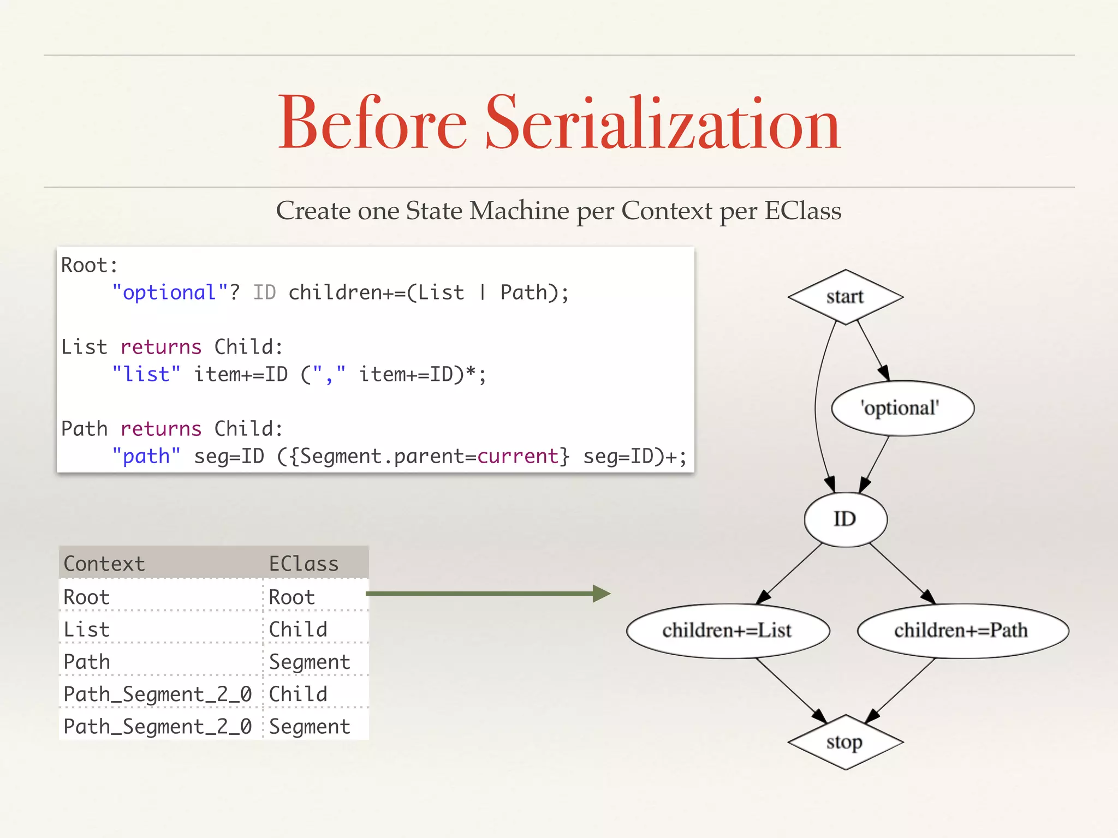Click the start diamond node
(845, 297)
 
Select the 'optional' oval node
(902, 408)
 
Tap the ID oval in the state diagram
(845, 519)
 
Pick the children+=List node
(727, 631)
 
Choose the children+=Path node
(962, 631)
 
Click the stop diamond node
(845, 742)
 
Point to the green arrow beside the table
(487, 594)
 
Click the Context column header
(105, 564)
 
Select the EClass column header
(304, 564)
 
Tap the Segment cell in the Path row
(310, 662)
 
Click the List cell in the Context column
(87, 630)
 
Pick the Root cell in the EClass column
(292, 597)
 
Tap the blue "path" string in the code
(146, 456)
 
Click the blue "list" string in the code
(146, 374)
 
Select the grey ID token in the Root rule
(265, 292)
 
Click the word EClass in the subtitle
(802, 211)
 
